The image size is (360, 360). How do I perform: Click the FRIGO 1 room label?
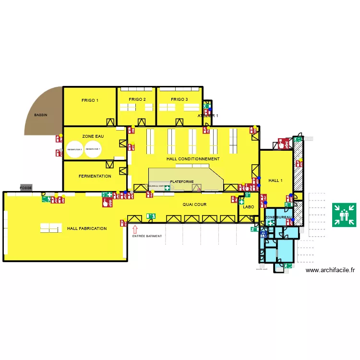pyautogui.click(x=90, y=100)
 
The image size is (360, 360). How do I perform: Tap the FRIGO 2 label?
pyautogui.click(x=137, y=99)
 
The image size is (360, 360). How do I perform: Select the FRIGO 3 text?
pyautogui.click(x=180, y=99)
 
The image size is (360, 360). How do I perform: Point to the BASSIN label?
pyautogui.click(x=41, y=115)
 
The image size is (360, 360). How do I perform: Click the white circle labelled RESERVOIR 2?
pyautogui.click(x=74, y=149)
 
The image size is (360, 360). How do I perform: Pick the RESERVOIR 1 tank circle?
pyautogui.click(x=93, y=149)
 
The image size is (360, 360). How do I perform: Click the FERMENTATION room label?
pyautogui.click(x=95, y=176)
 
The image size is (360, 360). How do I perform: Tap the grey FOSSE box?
pyautogui.click(x=26, y=188)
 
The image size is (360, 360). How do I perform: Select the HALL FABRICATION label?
pyautogui.click(x=87, y=228)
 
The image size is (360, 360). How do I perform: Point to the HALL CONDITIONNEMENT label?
pyautogui.click(x=193, y=159)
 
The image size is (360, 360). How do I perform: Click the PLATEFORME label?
pyautogui.click(x=182, y=181)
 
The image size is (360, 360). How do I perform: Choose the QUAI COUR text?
pyautogui.click(x=194, y=204)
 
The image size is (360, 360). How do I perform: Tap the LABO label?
pyautogui.click(x=248, y=207)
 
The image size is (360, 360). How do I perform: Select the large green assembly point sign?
pyautogui.click(x=344, y=215)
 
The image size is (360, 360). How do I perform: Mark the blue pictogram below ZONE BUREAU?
pyautogui.click(x=264, y=234)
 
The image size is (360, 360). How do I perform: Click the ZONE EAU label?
pyautogui.click(x=93, y=136)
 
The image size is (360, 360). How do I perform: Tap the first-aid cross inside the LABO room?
pyautogui.click(x=241, y=202)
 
